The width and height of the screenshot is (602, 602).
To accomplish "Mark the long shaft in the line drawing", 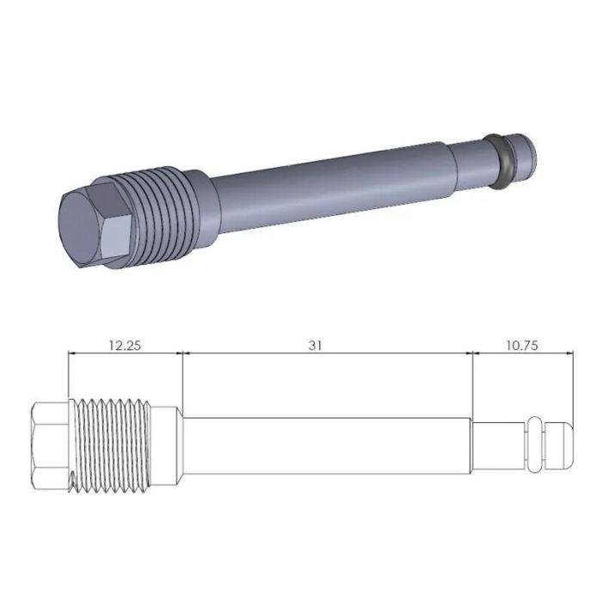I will (327, 445).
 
